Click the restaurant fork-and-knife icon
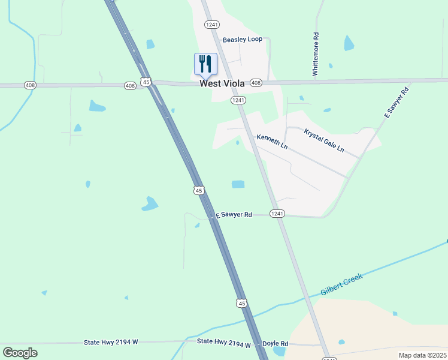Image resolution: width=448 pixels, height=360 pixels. pyautogui.click(x=205, y=64)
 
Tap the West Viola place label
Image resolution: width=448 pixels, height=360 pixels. pyautogui.click(x=222, y=84)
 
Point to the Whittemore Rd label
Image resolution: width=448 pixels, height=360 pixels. pyautogui.click(x=314, y=54)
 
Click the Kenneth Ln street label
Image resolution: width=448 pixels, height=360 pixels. pyautogui.click(x=272, y=142)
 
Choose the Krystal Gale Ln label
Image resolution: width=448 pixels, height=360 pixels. pyautogui.click(x=324, y=140)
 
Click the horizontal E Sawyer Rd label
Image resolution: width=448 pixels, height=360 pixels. pyautogui.click(x=234, y=214)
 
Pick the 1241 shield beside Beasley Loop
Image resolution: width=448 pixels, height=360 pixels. pyautogui.click(x=211, y=25)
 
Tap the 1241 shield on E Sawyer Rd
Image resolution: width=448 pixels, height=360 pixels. pyautogui.click(x=277, y=214)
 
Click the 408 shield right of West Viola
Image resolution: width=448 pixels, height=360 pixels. pyautogui.click(x=256, y=82)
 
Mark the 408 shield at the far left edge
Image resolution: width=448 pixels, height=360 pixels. pyautogui.click(x=31, y=85)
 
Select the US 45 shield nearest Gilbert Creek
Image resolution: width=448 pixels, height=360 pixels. pyautogui.click(x=241, y=304)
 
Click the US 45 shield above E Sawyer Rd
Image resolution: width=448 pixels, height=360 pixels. pyautogui.click(x=199, y=190)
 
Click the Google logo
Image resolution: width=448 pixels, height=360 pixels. pyautogui.click(x=20, y=353)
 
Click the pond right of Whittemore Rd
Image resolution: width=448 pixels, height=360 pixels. pyautogui.click(x=349, y=43)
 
